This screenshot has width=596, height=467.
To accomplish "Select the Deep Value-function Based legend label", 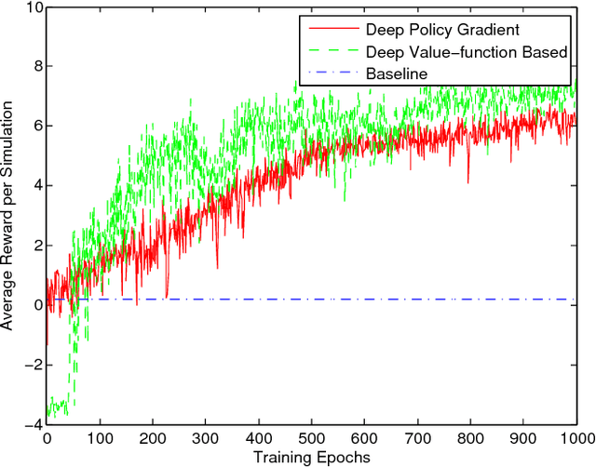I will pyautogui.click(x=467, y=51).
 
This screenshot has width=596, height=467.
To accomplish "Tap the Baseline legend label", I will pyautogui.click(x=395, y=72).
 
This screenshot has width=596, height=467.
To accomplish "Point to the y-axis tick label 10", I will pyautogui.click(x=30, y=7).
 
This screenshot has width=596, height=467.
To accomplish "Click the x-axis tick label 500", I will pyautogui.click(x=311, y=437).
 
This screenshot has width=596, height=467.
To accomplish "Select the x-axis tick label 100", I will pyautogui.click(x=99, y=437).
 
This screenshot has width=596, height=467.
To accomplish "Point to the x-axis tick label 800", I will pyautogui.click(x=470, y=437).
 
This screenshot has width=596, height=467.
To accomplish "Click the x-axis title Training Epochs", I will pyautogui.click(x=311, y=457).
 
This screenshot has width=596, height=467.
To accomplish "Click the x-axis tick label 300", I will pyautogui.click(x=205, y=437).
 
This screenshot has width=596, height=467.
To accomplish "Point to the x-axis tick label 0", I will pyautogui.click(x=46, y=437).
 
